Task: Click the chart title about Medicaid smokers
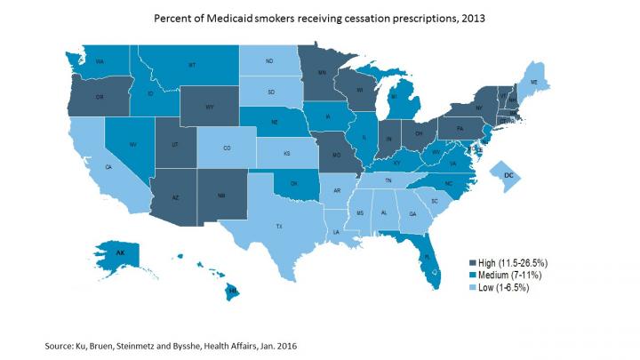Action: tap(319, 19)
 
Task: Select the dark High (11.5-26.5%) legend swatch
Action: tap(473, 262)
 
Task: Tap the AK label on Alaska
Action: tap(119, 252)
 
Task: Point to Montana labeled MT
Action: tap(191, 66)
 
